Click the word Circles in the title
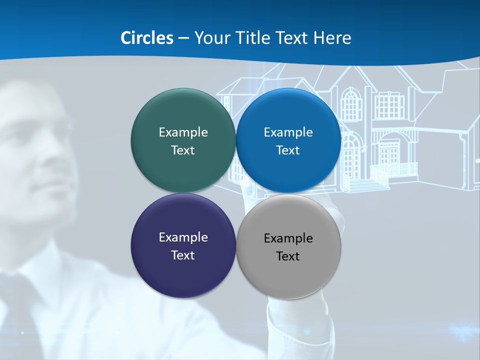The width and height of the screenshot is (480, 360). coord(147,38)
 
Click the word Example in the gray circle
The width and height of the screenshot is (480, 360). coord(288,238)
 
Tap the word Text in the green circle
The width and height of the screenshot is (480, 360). coord(183,150)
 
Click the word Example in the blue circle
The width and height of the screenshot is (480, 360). coord(288,132)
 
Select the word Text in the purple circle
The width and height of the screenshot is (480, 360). coord(183,255)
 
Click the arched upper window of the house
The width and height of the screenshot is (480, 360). coord(351,104)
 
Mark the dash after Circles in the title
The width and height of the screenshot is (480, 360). coord(183,38)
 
